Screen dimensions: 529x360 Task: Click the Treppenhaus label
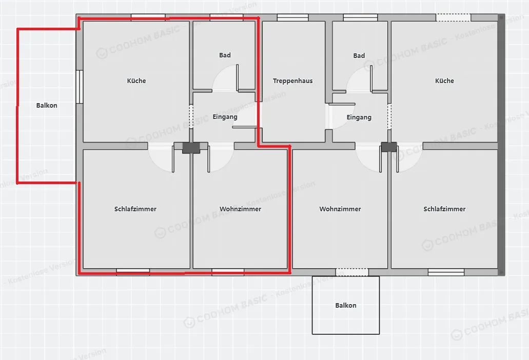(x=292, y=81)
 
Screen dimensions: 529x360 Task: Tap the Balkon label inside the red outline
(x=47, y=106)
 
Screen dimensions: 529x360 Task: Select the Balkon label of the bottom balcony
(x=345, y=306)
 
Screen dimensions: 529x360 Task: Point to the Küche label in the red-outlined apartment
(x=136, y=81)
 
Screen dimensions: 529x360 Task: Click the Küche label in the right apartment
(x=444, y=81)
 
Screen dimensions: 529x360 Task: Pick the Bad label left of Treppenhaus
(x=225, y=55)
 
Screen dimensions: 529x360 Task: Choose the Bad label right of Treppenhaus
(x=359, y=55)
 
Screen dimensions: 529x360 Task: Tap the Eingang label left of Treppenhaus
(x=225, y=117)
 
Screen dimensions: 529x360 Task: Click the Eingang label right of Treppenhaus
(x=359, y=117)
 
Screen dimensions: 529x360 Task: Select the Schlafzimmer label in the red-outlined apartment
(x=135, y=209)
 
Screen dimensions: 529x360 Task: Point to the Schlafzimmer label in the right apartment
(x=444, y=209)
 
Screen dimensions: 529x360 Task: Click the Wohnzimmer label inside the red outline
(x=240, y=209)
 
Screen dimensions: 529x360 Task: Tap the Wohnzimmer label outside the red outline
(x=340, y=209)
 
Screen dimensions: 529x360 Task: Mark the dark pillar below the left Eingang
(x=191, y=148)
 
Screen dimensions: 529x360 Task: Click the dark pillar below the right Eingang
(x=388, y=147)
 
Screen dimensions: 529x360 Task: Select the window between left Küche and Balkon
(x=80, y=87)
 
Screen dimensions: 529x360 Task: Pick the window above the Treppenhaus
(x=292, y=17)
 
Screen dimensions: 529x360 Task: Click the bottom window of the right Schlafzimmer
(x=446, y=272)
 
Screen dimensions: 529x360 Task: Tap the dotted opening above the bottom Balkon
(x=352, y=272)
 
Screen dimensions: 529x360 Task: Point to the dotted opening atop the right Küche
(x=453, y=17)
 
